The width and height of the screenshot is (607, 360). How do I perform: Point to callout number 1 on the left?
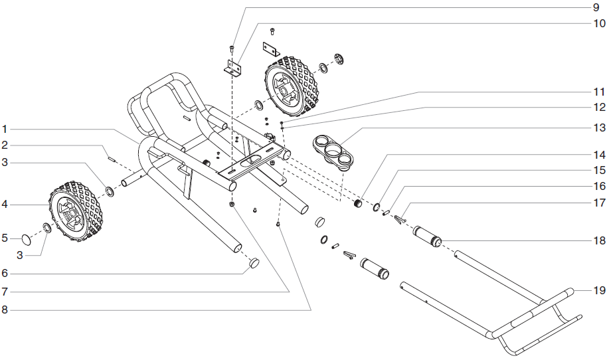[x=4, y=128]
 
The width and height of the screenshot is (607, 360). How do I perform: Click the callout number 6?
[x=4, y=273]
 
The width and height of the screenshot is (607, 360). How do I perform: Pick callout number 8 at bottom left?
[x=4, y=309]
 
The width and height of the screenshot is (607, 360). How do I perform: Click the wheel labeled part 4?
[x=76, y=212]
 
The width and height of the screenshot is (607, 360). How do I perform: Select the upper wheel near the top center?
[x=290, y=86]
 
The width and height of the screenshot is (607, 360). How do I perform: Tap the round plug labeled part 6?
[x=253, y=264]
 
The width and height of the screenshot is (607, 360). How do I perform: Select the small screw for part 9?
[x=231, y=48]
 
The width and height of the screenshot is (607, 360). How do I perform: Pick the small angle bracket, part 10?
[x=232, y=68]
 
